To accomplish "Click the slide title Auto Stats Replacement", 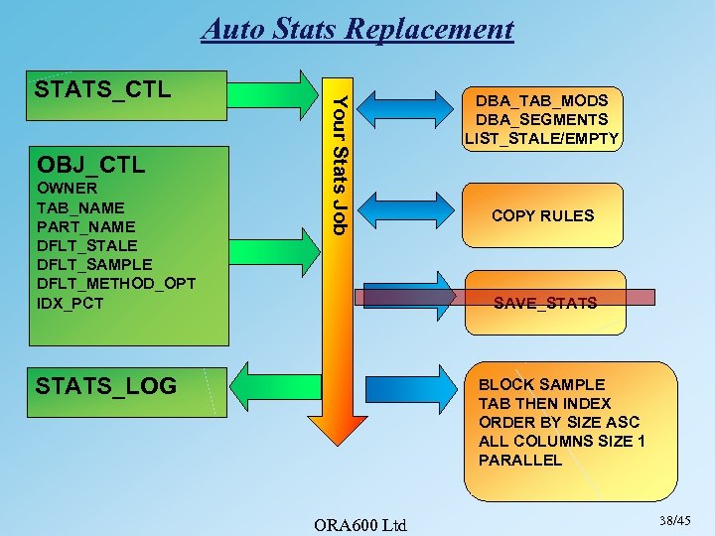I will [357, 29].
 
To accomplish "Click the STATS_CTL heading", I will [102, 90].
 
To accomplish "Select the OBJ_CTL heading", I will [90, 163].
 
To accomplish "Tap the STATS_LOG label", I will [105, 385].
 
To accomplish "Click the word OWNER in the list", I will [66, 189].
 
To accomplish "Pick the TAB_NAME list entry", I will [79, 207].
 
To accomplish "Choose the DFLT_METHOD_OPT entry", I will [115, 284].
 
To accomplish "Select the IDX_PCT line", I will [70, 303].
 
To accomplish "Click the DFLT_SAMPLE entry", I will [93, 264].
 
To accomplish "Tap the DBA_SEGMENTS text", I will [541, 119].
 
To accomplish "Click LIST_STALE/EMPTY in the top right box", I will [541, 138].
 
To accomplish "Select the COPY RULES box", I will [542, 215].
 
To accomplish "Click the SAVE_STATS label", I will [545, 303].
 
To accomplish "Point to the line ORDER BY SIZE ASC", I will [559, 422].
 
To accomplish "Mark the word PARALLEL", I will [520, 460].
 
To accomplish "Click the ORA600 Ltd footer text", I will [358, 524].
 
